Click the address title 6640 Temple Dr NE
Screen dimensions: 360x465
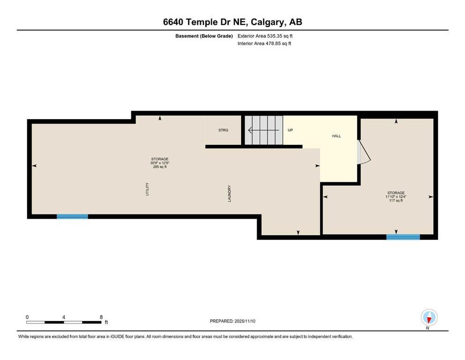pos(232,22)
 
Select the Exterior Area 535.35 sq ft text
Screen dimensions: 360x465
pos(265,36)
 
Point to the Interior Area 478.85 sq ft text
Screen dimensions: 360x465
pos(264,44)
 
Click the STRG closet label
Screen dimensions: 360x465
pos(223,130)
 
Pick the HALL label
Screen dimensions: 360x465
pos(336,136)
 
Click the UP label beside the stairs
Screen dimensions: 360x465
pos(290,130)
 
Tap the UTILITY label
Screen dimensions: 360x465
pos(147,188)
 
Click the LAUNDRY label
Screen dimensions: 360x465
pos(229,193)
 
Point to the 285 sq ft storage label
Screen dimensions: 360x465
pos(159,163)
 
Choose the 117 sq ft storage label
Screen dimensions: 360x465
pos(396,197)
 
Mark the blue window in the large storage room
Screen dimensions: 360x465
pos(72,217)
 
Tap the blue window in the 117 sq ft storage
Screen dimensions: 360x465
pos(403,237)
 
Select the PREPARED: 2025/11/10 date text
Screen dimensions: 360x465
pos(232,321)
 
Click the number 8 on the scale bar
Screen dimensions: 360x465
pos(101,317)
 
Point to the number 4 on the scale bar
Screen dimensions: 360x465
pos(63,317)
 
